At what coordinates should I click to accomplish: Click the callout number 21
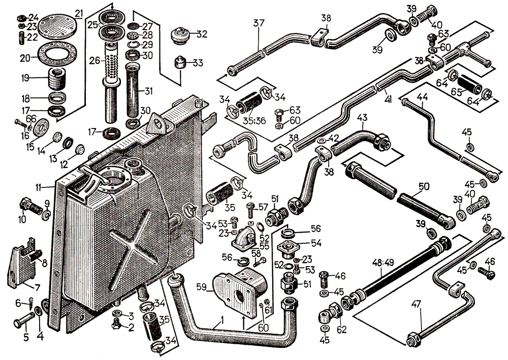click(78, 13)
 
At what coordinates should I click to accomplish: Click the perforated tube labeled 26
click(111, 69)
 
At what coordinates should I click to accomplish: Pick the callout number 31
click(148, 92)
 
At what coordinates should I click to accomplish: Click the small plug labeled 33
click(180, 63)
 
